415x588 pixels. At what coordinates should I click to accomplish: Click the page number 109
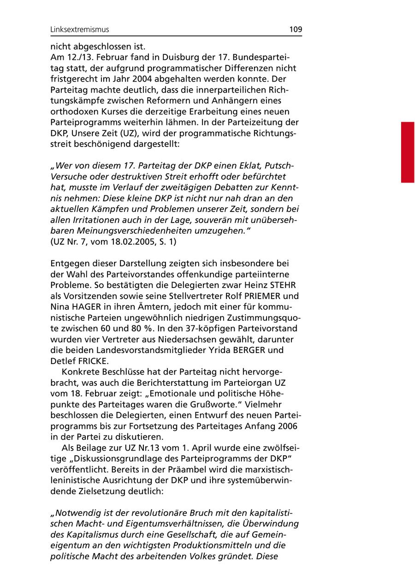[x=296, y=29]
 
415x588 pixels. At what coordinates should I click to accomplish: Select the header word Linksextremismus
[x=80, y=29]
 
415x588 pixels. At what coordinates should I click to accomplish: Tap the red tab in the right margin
[x=408, y=152]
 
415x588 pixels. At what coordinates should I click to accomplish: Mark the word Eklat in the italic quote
[x=252, y=165]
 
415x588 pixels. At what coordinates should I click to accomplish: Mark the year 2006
[x=288, y=425]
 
